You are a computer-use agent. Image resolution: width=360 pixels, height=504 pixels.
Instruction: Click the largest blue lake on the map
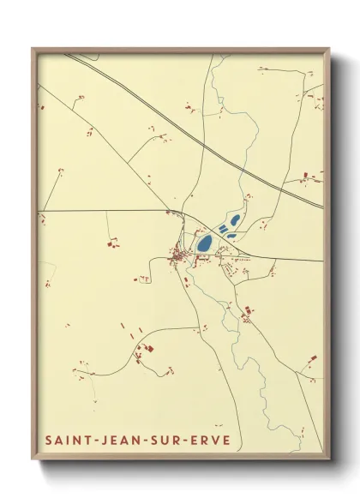(x=205, y=243)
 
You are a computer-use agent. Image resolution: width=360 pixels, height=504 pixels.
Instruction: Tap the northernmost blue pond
(x=234, y=219)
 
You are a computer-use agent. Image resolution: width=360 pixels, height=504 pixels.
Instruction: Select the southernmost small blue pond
(x=231, y=236)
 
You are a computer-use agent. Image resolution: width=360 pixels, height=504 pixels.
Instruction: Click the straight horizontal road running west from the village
(x=103, y=210)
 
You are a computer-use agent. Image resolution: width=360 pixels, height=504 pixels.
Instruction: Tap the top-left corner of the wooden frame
(x=33, y=49)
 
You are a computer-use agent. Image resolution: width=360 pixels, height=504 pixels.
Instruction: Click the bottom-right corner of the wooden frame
(x=328, y=456)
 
